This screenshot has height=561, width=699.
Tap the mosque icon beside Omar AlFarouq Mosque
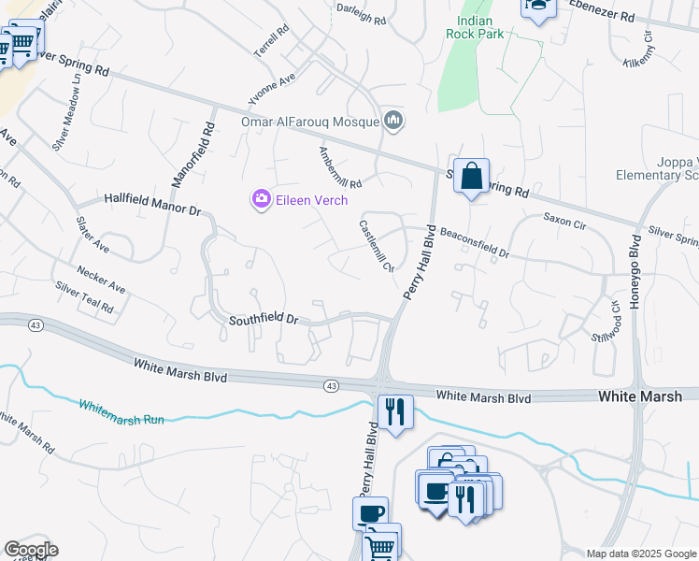394,121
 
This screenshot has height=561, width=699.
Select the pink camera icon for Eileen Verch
261,199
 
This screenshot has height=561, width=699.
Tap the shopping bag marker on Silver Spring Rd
472,176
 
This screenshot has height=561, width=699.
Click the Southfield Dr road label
264,320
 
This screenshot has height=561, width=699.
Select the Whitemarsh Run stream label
121,412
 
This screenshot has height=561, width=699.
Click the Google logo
31,550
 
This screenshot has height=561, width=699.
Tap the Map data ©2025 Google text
639,554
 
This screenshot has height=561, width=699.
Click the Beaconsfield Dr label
474,241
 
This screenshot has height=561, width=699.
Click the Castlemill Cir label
376,245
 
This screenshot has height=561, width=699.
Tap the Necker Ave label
102,281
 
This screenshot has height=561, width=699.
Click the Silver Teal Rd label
84,297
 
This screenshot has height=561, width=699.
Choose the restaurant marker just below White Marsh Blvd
394,411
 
